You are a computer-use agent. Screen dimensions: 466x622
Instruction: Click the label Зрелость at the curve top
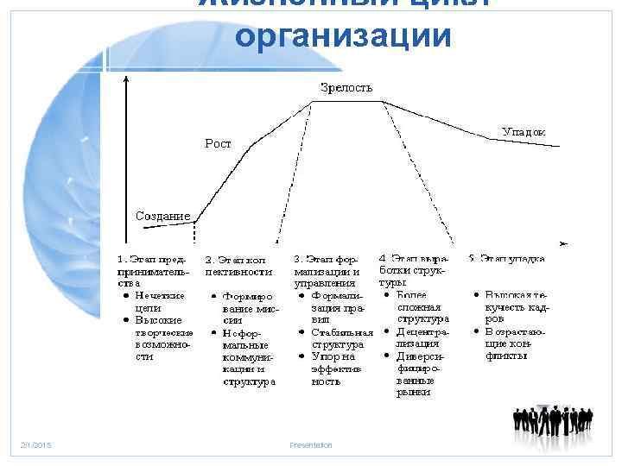346,87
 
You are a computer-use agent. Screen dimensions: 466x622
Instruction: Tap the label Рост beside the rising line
218,143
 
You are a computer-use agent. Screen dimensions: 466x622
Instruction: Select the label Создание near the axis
163,214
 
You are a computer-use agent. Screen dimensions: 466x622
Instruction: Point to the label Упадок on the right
524,131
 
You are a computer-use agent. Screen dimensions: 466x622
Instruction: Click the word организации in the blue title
343,35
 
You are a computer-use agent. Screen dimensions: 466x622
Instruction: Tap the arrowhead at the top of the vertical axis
127,78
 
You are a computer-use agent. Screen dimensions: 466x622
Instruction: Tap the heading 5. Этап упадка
506,257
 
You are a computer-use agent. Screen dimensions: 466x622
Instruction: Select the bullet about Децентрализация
424,337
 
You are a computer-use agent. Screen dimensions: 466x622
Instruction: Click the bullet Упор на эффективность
336,368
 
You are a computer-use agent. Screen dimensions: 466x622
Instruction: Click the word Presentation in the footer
311,445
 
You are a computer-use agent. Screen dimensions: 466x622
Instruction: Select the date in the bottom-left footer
36,445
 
